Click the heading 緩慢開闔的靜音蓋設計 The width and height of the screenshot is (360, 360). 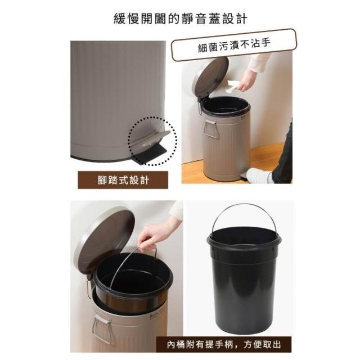pos(181,19)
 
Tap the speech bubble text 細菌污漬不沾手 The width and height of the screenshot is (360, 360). pos(234,45)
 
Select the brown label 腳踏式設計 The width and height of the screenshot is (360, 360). pos(123,180)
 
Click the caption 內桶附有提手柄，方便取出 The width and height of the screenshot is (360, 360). pos(224,345)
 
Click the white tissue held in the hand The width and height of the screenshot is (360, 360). pos(232,87)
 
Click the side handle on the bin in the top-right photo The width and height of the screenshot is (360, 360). pos(211,129)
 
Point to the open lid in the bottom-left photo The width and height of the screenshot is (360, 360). pos(105,238)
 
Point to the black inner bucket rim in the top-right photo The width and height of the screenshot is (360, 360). pos(226,106)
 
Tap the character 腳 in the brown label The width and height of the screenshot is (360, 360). pos(102,180)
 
